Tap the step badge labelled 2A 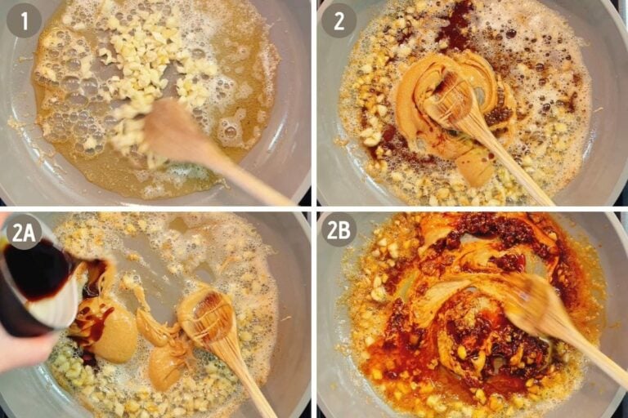(25, 231)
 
